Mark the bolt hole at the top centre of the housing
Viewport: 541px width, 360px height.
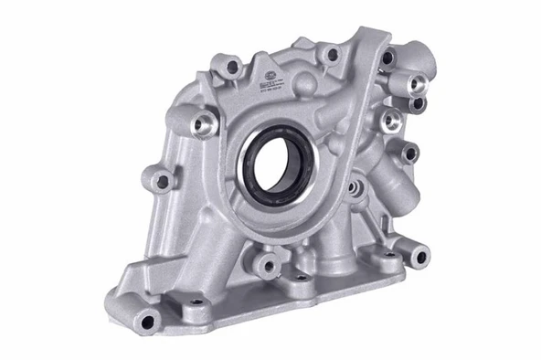(x=331, y=55)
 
